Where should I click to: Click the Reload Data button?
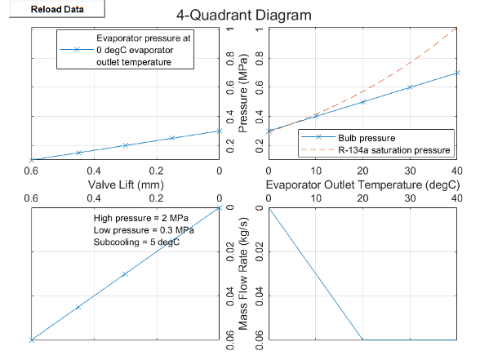54,10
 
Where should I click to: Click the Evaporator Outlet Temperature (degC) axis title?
362,184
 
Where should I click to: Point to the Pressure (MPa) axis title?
242,94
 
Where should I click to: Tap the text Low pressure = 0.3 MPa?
144,230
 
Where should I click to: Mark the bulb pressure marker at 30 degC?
410,87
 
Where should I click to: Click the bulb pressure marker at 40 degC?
457,73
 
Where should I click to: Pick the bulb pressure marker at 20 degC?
362,101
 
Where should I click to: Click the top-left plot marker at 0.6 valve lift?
31,159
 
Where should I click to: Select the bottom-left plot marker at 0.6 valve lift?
31,340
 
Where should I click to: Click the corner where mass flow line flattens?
362,340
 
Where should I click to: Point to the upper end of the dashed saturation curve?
457,29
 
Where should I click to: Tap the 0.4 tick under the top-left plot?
94,170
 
